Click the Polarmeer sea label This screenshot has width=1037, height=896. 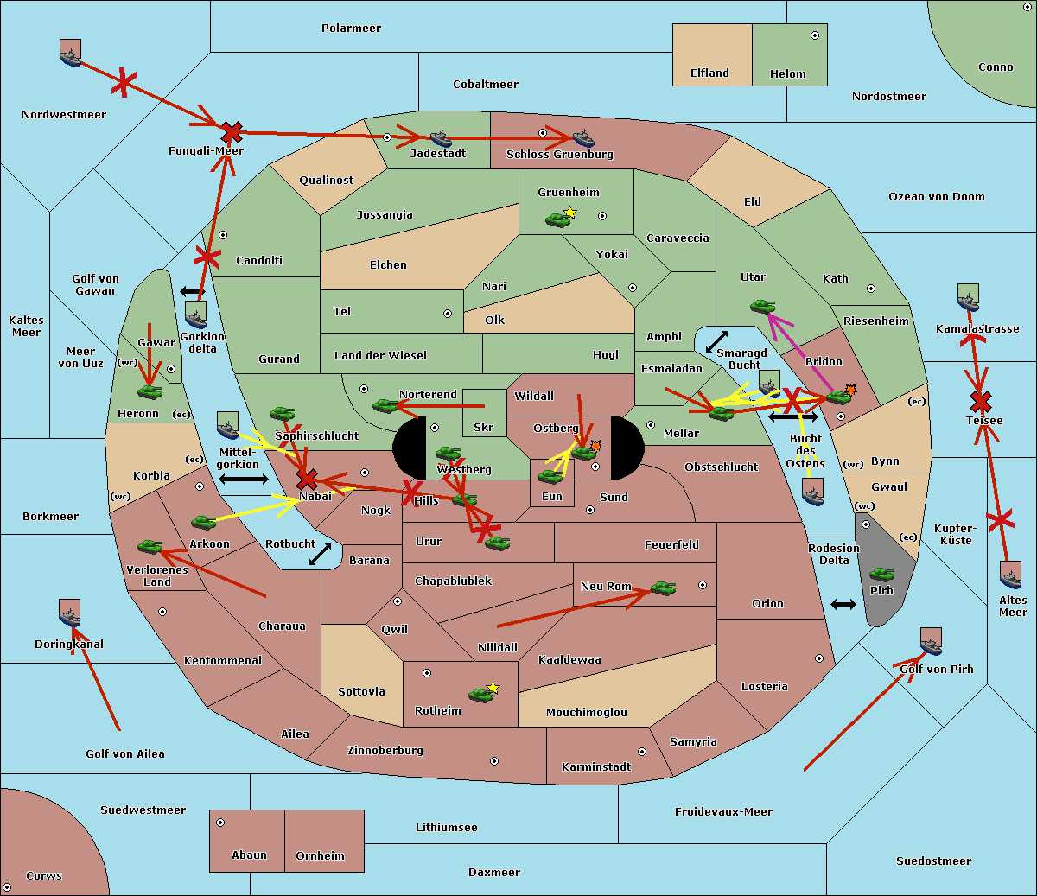pyautogui.click(x=351, y=29)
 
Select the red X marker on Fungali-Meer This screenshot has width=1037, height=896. pyautogui.click(x=231, y=132)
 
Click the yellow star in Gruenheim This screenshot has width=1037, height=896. pyautogui.click(x=569, y=213)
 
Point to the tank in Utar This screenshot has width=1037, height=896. pyautogui.click(x=762, y=306)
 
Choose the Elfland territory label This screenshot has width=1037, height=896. pyautogui.click(x=709, y=73)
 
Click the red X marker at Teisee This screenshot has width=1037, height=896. pyautogui.click(x=980, y=401)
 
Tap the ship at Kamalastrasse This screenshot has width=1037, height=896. pyautogui.click(x=968, y=297)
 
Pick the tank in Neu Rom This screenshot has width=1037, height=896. pyautogui.click(x=663, y=588)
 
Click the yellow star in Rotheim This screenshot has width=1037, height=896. pyautogui.click(x=493, y=688)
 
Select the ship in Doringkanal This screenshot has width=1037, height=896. pyautogui.click(x=70, y=613)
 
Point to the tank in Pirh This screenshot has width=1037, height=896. pyautogui.click(x=881, y=574)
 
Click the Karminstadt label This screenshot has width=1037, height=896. pyautogui.click(x=596, y=767)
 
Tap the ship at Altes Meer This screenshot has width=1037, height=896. pyautogui.click(x=1010, y=575)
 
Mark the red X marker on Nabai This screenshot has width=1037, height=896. pyautogui.click(x=306, y=480)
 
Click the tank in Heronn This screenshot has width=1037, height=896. pyautogui.click(x=150, y=391)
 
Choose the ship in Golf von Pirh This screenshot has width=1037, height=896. pyautogui.click(x=931, y=641)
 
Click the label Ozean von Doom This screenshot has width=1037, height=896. pyautogui.click(x=937, y=197)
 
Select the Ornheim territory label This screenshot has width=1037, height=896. pyautogui.click(x=320, y=856)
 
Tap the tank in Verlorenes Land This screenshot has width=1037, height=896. pyautogui.click(x=150, y=547)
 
